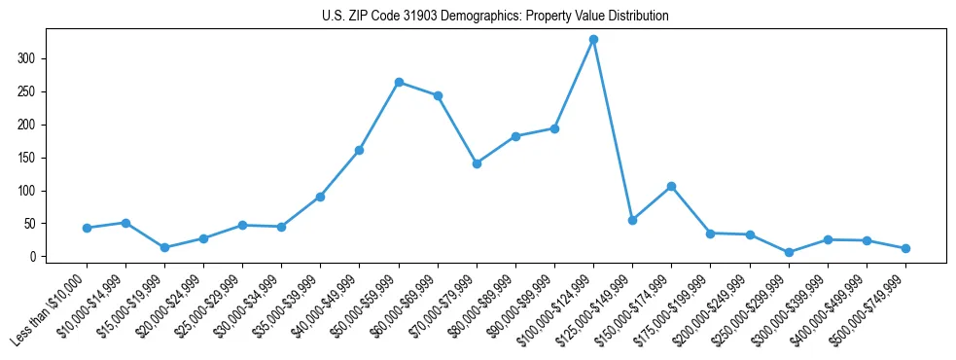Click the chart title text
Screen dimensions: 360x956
(x=495, y=17)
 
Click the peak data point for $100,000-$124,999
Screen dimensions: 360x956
(x=593, y=40)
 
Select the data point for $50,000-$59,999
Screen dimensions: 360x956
(x=399, y=83)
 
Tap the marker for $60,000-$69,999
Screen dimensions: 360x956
(x=438, y=95)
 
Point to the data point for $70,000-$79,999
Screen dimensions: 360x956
(x=477, y=163)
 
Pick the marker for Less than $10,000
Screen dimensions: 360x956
(x=87, y=228)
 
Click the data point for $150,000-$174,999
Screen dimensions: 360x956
(x=671, y=186)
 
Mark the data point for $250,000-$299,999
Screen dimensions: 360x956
(x=789, y=252)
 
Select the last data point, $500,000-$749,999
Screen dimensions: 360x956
(x=905, y=248)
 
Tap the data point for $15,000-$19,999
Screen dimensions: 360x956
(x=164, y=247)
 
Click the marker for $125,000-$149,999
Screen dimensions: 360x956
(x=632, y=220)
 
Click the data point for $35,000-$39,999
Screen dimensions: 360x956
(x=320, y=197)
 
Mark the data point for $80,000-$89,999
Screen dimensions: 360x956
(x=515, y=136)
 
